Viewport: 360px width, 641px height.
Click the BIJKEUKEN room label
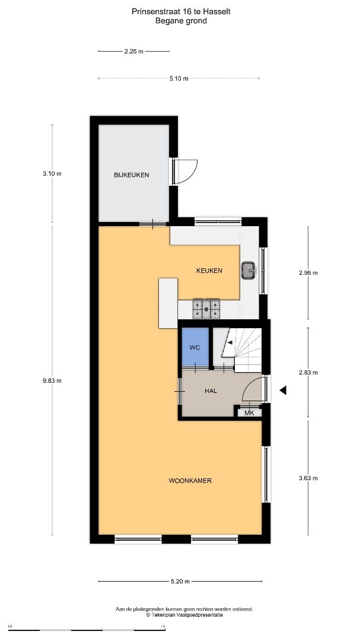(132, 175)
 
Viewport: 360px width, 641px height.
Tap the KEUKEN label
(209, 271)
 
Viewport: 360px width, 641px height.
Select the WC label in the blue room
(194, 347)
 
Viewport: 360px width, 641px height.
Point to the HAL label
(211, 391)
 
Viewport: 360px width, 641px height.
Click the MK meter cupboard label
(249, 412)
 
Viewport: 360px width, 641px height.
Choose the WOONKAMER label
(190, 481)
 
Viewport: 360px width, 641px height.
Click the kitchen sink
(248, 271)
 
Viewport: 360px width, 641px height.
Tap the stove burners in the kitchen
(206, 308)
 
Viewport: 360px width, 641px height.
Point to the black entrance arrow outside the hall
(283, 391)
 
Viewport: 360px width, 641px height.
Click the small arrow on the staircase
(229, 343)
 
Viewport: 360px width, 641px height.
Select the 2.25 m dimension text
(134, 52)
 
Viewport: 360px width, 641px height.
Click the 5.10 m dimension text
(179, 78)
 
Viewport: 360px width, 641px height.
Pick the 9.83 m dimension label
(52, 381)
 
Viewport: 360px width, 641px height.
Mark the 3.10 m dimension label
(52, 174)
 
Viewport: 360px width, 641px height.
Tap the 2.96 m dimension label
(308, 273)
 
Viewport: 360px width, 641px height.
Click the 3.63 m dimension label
(308, 478)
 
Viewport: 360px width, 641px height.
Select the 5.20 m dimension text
(180, 582)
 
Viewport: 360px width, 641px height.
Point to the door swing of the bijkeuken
(187, 171)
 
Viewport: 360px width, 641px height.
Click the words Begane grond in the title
(181, 20)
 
